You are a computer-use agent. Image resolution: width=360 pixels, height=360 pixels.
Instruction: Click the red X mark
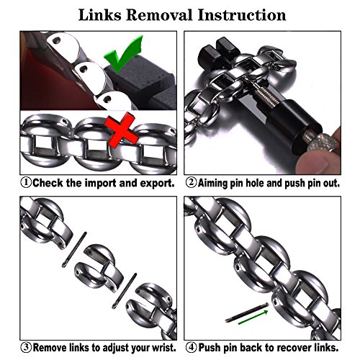pos(122,131)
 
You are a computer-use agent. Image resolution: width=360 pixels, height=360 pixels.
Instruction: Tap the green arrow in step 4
pos(253,318)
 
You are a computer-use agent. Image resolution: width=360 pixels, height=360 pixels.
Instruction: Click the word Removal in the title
pos(159,15)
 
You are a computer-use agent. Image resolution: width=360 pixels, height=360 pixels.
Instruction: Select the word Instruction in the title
pos(242,15)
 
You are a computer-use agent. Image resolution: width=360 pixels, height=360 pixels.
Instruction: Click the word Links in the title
pos(99,15)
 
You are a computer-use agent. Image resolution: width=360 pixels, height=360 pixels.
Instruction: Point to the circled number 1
pos(26,183)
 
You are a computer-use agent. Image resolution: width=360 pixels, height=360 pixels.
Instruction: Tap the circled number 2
pos(191,183)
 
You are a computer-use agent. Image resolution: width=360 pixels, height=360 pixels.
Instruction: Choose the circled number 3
pos(26,347)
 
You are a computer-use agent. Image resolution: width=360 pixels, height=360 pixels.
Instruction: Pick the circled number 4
pos(192,347)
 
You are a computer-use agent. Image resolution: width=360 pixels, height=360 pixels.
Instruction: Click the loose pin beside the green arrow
pos(247,312)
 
